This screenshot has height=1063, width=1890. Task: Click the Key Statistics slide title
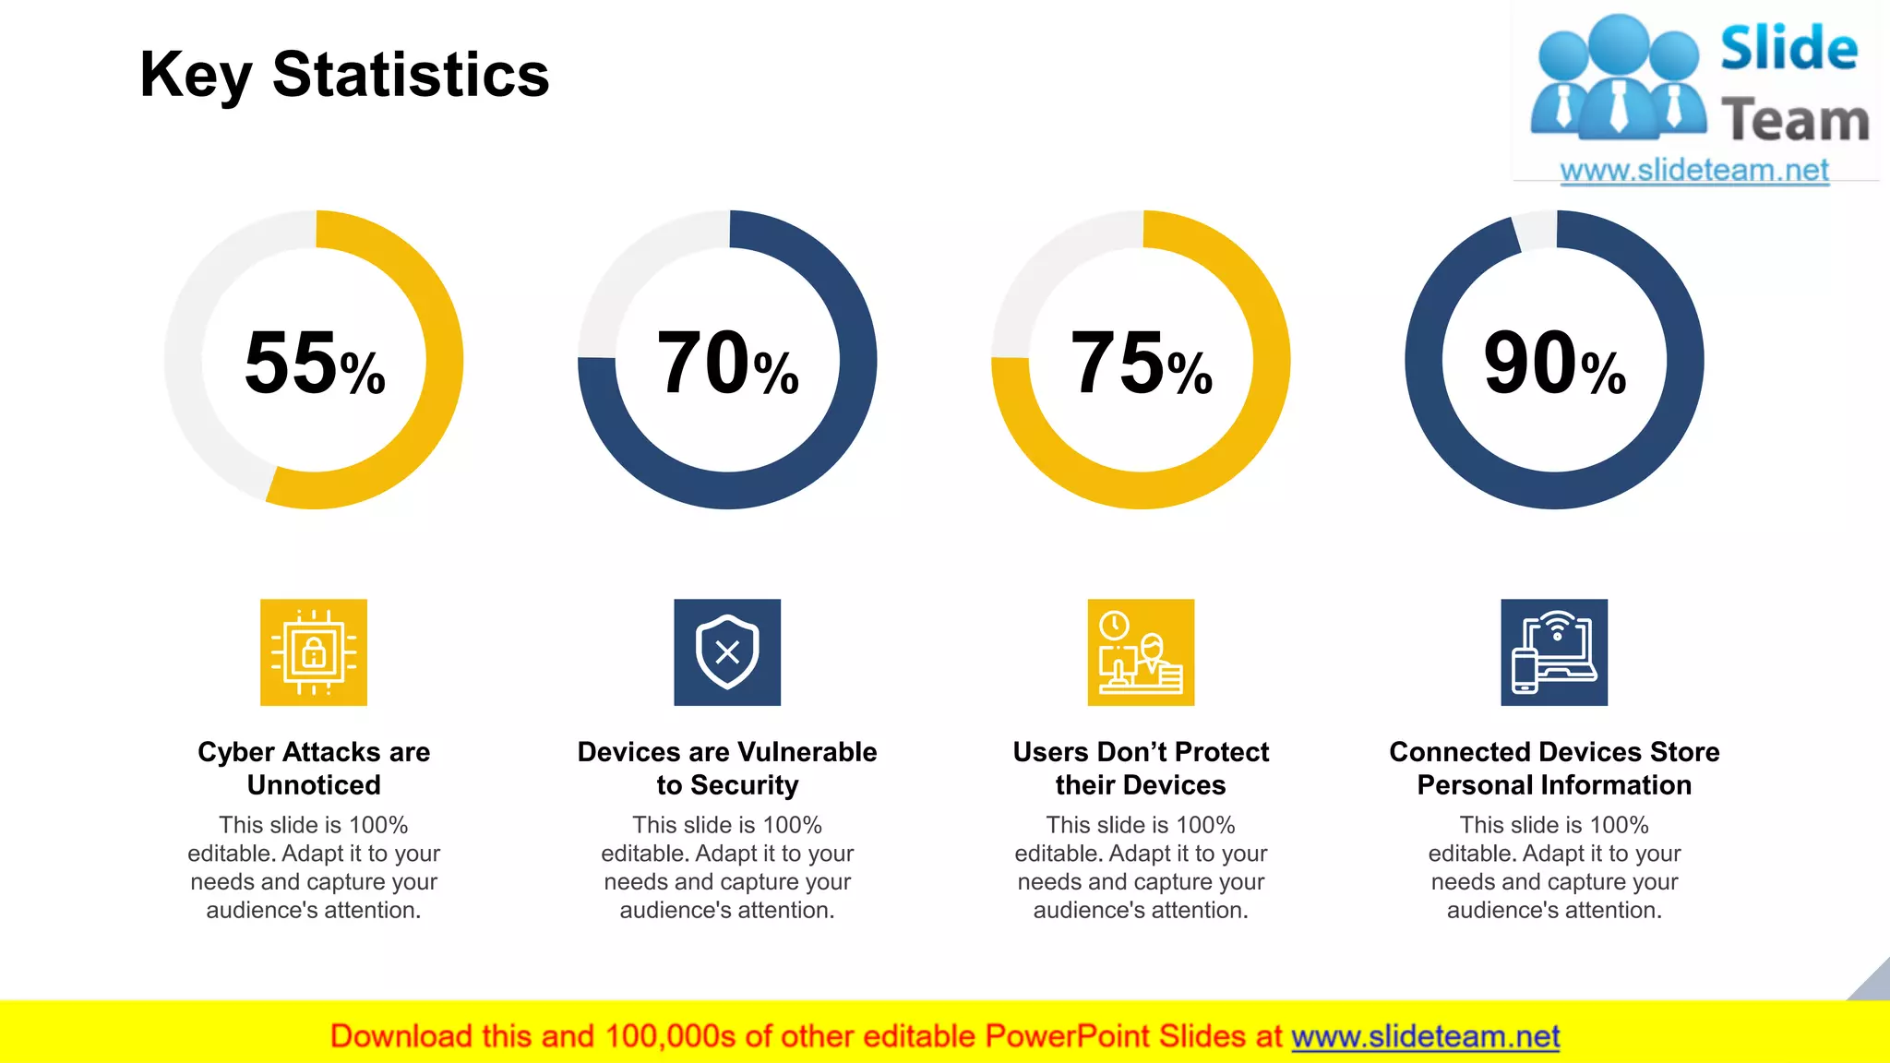(344, 76)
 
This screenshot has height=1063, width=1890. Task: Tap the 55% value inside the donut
(314, 364)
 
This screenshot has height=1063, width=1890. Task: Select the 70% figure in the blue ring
(727, 364)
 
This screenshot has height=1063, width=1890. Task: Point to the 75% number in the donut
(1141, 364)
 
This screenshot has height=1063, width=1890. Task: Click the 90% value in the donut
(1554, 364)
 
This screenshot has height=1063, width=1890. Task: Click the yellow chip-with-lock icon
(314, 652)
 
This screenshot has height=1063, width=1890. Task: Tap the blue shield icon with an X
(727, 652)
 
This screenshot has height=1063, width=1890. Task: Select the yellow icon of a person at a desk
(1141, 652)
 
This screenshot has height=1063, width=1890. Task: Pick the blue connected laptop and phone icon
(1554, 652)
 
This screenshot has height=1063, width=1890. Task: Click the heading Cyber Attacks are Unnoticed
(314, 768)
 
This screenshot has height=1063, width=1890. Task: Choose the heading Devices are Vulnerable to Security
(727, 768)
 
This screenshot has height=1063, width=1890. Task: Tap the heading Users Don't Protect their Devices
(1141, 768)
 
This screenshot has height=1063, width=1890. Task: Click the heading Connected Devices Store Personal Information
(1554, 768)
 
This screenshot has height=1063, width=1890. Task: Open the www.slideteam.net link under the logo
(1694, 171)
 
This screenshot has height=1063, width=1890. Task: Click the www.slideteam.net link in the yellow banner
(1425, 1036)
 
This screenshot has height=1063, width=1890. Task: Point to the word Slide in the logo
(1788, 49)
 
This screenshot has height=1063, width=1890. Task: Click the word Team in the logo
(1795, 121)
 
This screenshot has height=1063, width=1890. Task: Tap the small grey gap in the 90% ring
(1536, 231)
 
